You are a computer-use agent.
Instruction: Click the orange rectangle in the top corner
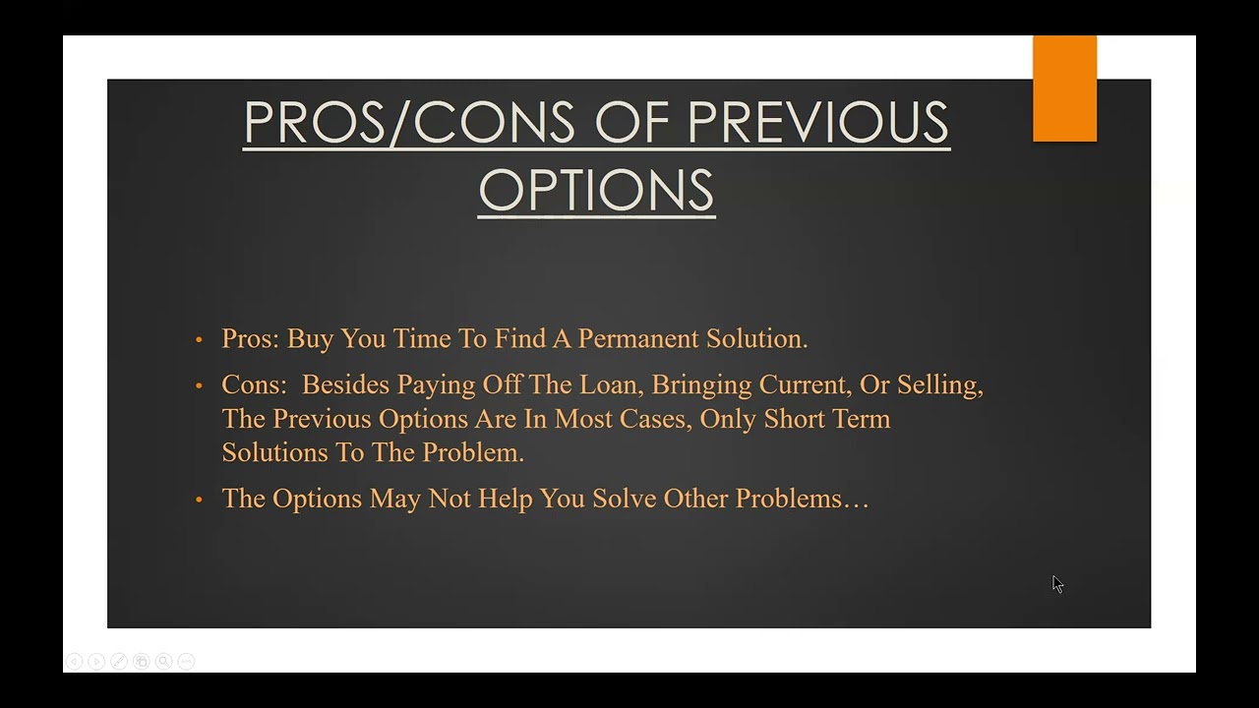pos(1064,88)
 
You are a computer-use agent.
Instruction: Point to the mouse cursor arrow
pos(1057,584)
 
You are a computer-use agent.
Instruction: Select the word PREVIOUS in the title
pos(818,123)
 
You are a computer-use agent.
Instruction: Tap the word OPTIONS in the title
pos(596,189)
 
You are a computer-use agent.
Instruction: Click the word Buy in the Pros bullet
pos(310,339)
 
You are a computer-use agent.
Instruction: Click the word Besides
pos(346,384)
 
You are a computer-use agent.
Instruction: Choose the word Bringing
pos(701,385)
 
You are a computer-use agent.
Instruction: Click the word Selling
pos(939,385)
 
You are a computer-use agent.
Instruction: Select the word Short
pos(794,419)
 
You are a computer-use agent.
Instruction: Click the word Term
pos(861,419)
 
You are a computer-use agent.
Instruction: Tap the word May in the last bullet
pos(394,500)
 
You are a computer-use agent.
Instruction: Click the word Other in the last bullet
pos(695,499)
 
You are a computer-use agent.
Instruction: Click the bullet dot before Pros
pos(199,339)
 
